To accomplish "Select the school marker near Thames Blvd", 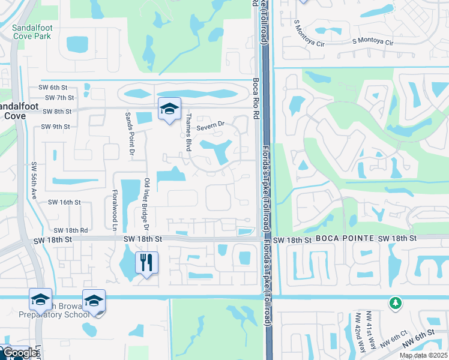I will pyautogui.click(x=170, y=109).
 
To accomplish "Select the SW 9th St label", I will pyautogui.click(x=56, y=127).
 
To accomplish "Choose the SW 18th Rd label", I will pyautogui.click(x=70, y=230).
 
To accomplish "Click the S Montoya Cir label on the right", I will pyautogui.click(x=372, y=42).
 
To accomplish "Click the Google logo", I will pyautogui.click(x=19, y=353).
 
